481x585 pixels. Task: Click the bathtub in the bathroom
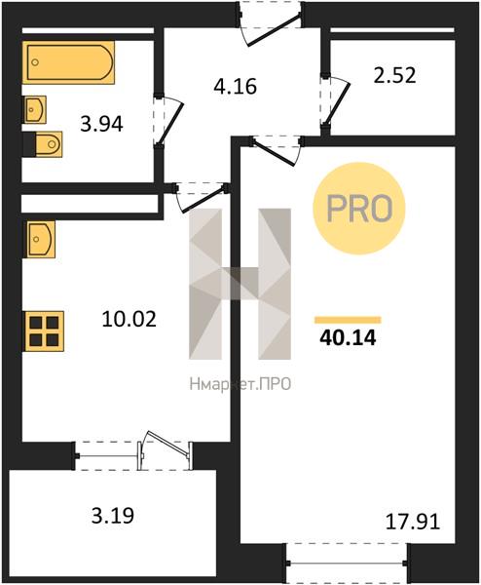68,62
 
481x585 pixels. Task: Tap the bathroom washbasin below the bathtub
35,109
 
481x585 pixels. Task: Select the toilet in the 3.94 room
49,144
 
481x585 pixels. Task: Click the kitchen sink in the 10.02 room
40,239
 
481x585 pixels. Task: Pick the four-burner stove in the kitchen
44,331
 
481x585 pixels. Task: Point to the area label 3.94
101,124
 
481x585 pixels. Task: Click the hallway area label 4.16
236,86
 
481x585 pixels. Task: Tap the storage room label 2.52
394,75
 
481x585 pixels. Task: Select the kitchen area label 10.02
129,320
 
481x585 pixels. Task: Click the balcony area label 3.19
113,516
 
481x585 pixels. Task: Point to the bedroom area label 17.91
413,522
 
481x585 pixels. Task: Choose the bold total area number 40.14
348,338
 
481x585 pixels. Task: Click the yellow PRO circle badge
358,209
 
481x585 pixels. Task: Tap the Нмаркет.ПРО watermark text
240,384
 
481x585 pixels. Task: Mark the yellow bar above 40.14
348,320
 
